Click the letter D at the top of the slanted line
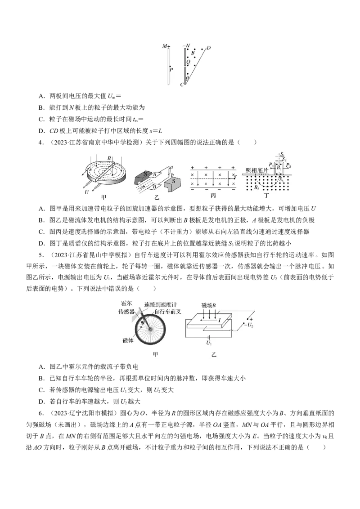coord(209,48)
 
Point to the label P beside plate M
coord(171,69)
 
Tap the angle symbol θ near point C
coord(187,78)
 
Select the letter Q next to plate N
coord(188,62)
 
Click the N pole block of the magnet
coord(143,176)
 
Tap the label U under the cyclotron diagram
coord(86,192)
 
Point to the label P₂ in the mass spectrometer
coord(288,166)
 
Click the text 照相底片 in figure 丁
coord(256,170)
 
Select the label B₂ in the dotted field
coord(256,187)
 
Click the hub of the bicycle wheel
coord(150,329)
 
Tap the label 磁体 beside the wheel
coord(128,340)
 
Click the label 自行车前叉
coord(167,312)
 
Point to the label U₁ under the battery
coord(209,343)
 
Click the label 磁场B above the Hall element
coord(209,305)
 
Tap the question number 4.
coord(40,142)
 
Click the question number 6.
coord(40,413)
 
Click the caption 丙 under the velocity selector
coord(213,196)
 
